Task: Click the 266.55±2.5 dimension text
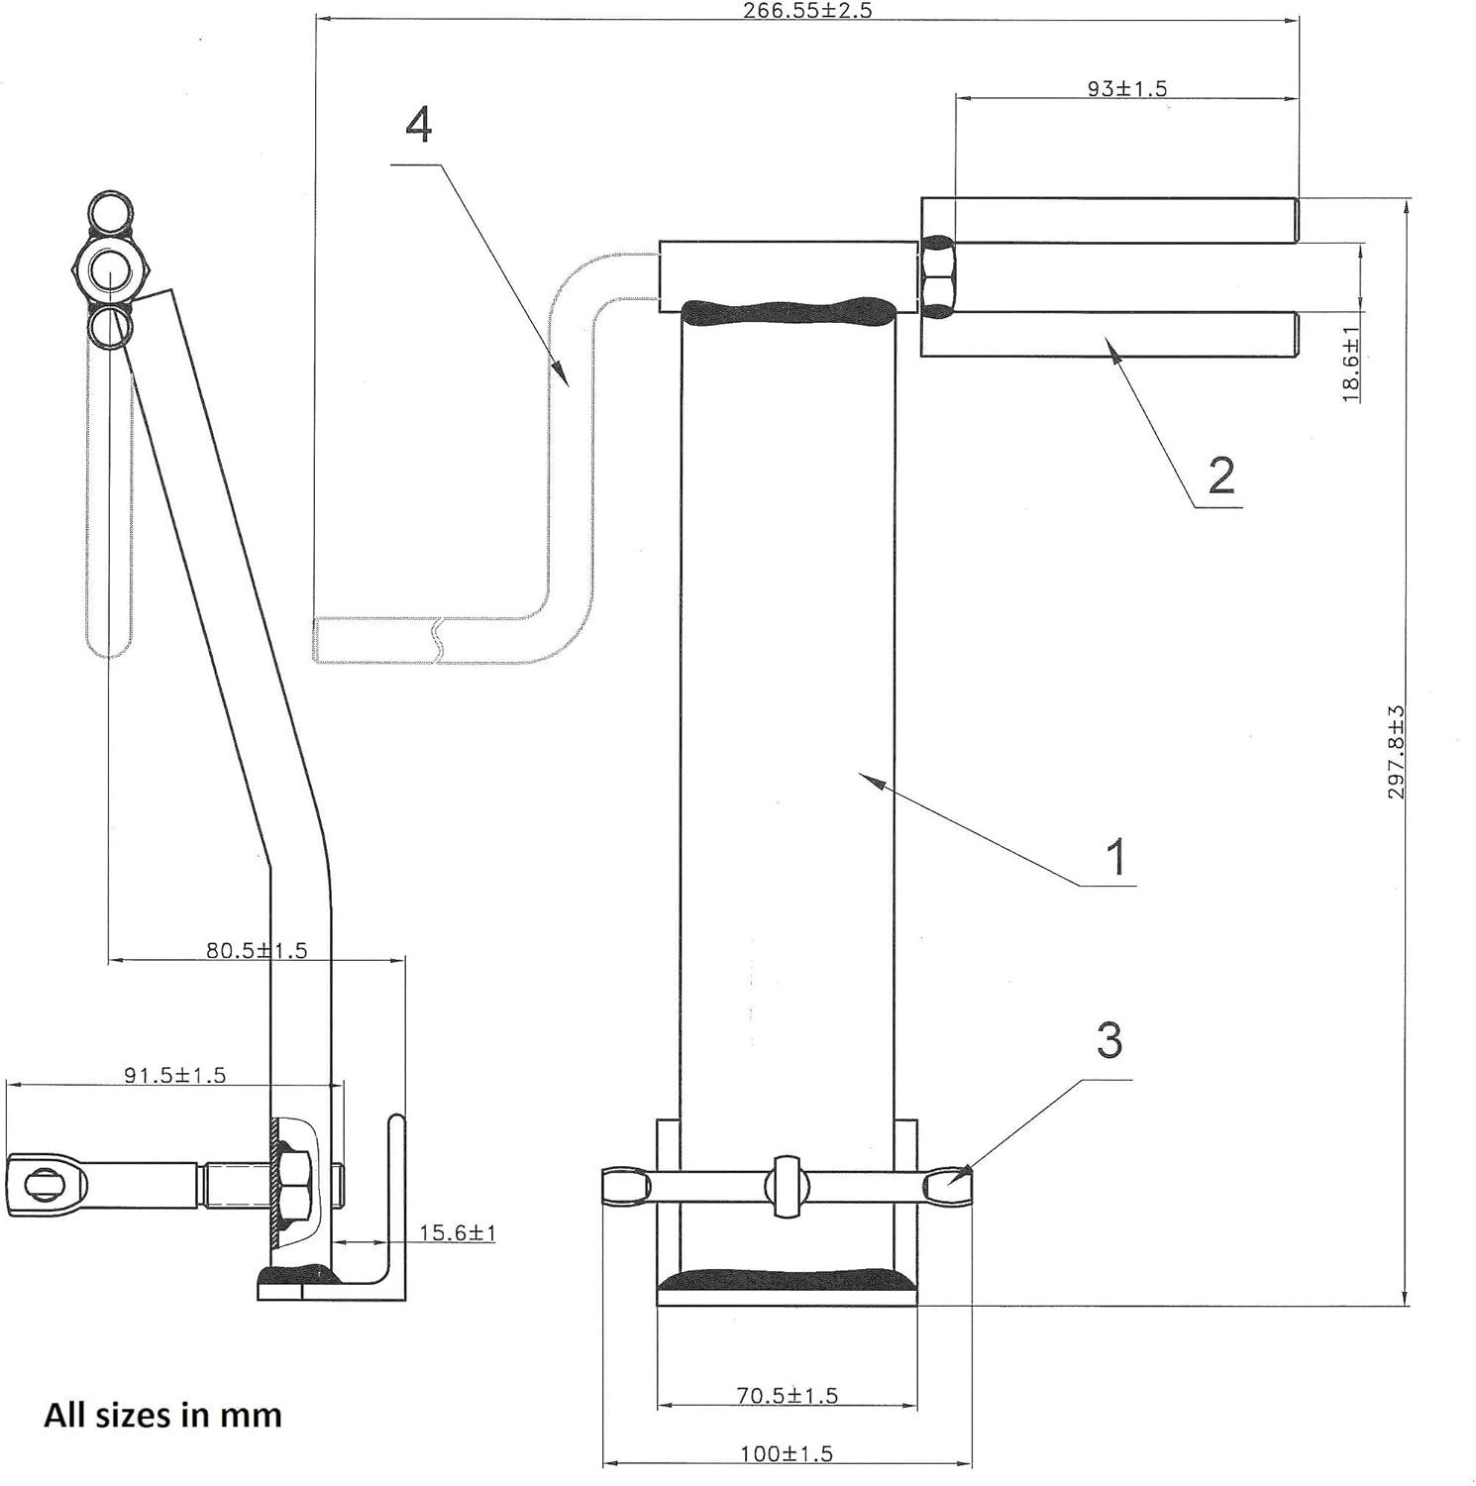(807, 11)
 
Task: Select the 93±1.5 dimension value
(1126, 88)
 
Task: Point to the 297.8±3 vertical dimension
(1396, 753)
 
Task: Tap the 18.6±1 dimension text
(1350, 365)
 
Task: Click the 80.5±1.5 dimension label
(257, 950)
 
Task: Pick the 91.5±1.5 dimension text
(174, 1074)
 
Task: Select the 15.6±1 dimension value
(457, 1232)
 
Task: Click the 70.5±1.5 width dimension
(787, 1395)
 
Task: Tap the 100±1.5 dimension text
(787, 1453)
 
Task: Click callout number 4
(419, 126)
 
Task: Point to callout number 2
(1220, 476)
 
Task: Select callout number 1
(1116, 856)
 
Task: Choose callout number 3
(1109, 1041)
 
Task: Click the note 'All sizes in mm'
(162, 1414)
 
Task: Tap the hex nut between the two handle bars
(937, 276)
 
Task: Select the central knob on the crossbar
(787, 1185)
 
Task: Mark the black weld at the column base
(788, 1279)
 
